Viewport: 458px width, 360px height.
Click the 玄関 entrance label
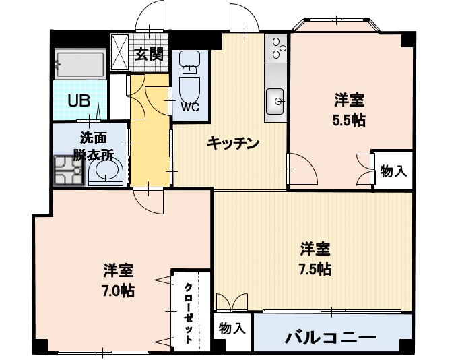[x=149, y=53]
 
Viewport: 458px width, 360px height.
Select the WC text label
[x=189, y=107]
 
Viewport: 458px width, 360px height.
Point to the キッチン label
[x=232, y=143]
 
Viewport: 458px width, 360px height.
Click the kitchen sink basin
[x=275, y=102]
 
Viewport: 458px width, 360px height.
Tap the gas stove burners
[x=276, y=48]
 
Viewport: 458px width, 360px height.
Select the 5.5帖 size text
[x=350, y=120]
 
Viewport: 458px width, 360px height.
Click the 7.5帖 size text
[x=315, y=268]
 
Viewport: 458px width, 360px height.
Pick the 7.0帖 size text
[x=118, y=291]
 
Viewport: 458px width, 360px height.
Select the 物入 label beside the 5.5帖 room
[x=393, y=171]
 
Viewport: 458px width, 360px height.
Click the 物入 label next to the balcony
[x=232, y=330]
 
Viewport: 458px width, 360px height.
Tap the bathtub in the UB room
[x=80, y=65]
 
